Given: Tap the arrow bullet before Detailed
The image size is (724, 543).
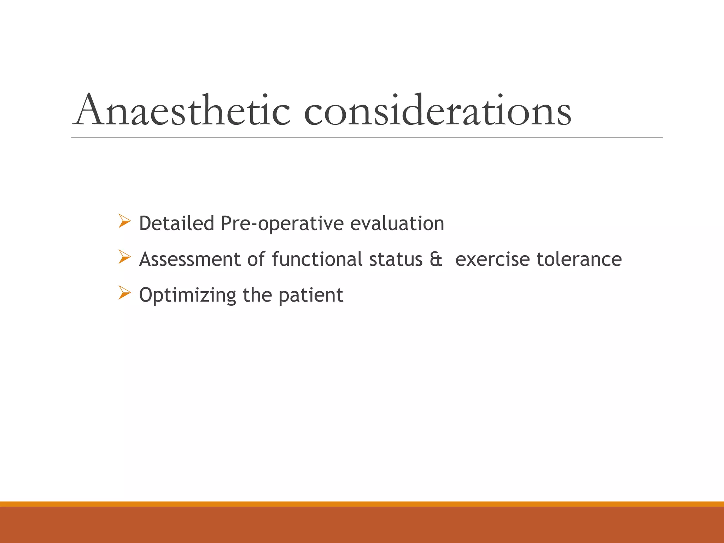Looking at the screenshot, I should [124, 221].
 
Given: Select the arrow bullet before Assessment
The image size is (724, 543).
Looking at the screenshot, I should [124, 257].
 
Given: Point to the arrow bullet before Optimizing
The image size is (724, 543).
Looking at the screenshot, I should [124, 293].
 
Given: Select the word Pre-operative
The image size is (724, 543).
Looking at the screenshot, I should [282, 224].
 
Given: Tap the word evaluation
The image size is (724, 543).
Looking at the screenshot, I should [397, 223].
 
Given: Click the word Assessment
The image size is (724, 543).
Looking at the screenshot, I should [190, 259].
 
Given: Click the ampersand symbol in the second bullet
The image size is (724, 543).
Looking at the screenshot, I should [436, 259].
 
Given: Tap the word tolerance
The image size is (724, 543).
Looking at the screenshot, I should [579, 259].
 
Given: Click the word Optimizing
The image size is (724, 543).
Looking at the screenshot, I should [188, 296].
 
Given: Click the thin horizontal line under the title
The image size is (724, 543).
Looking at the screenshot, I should [367, 138].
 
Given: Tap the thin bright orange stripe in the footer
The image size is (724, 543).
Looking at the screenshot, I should [362, 504].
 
